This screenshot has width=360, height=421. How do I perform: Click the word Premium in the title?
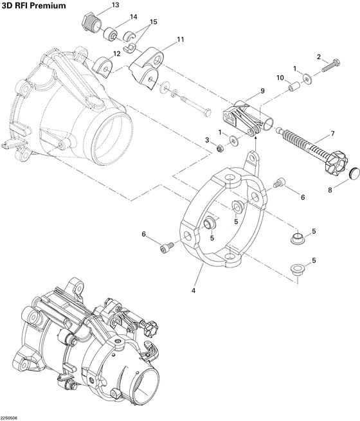[x=48, y=6]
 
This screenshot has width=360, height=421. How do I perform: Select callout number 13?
[x=116, y=5]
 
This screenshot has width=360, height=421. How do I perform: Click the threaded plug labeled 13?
[x=93, y=22]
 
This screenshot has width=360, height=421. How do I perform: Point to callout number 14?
[x=133, y=17]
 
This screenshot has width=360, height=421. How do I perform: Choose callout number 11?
[x=181, y=40]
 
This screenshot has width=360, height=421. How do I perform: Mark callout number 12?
[x=117, y=54]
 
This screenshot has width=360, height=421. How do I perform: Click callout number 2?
[x=318, y=57]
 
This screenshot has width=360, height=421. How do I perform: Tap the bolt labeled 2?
[x=330, y=65]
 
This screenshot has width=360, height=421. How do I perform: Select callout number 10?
[x=280, y=78]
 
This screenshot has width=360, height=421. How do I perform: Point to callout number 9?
[x=262, y=91]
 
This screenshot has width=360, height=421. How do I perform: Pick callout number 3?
[x=208, y=140]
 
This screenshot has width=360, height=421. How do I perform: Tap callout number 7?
[x=332, y=134]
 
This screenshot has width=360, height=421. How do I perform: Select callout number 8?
[x=331, y=190]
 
